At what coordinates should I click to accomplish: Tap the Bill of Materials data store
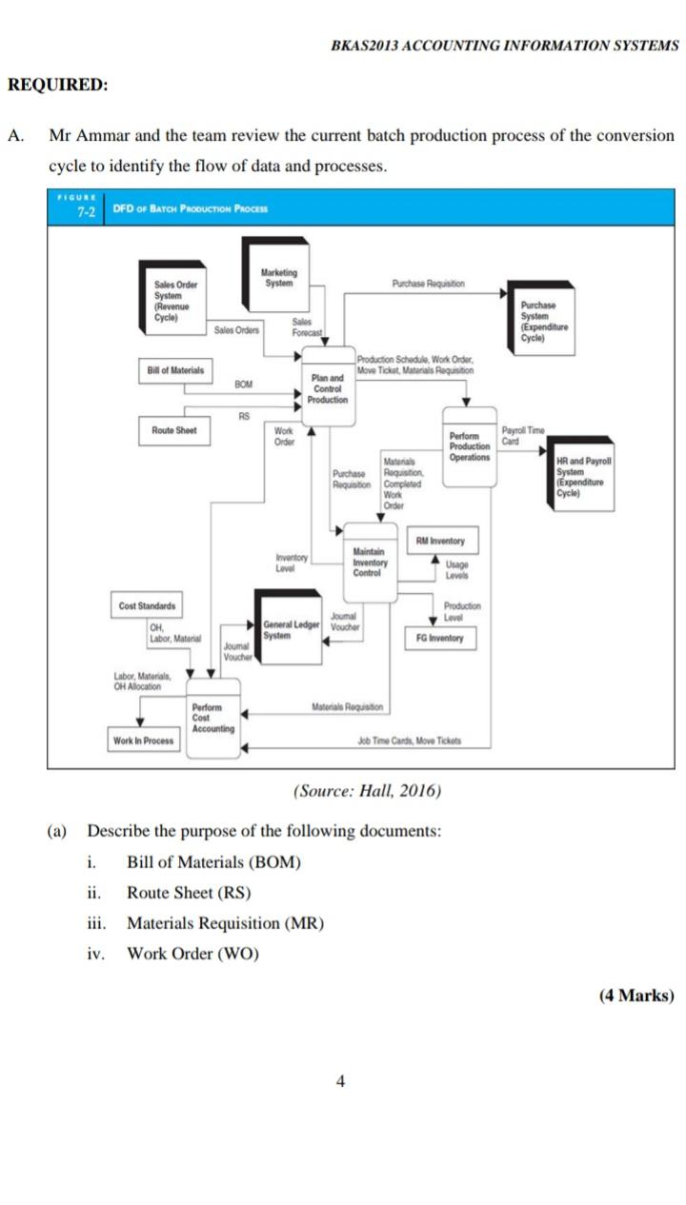(177, 369)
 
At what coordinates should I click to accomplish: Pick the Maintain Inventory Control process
(369, 562)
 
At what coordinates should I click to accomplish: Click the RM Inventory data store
(440, 542)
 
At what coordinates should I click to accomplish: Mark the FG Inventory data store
(440, 638)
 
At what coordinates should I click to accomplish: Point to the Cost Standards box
(147, 606)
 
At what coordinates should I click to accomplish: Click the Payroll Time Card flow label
(523, 435)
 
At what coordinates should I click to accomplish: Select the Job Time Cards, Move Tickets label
(409, 741)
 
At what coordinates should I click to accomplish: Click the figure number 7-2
(86, 212)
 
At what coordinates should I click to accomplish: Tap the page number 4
(340, 1080)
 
